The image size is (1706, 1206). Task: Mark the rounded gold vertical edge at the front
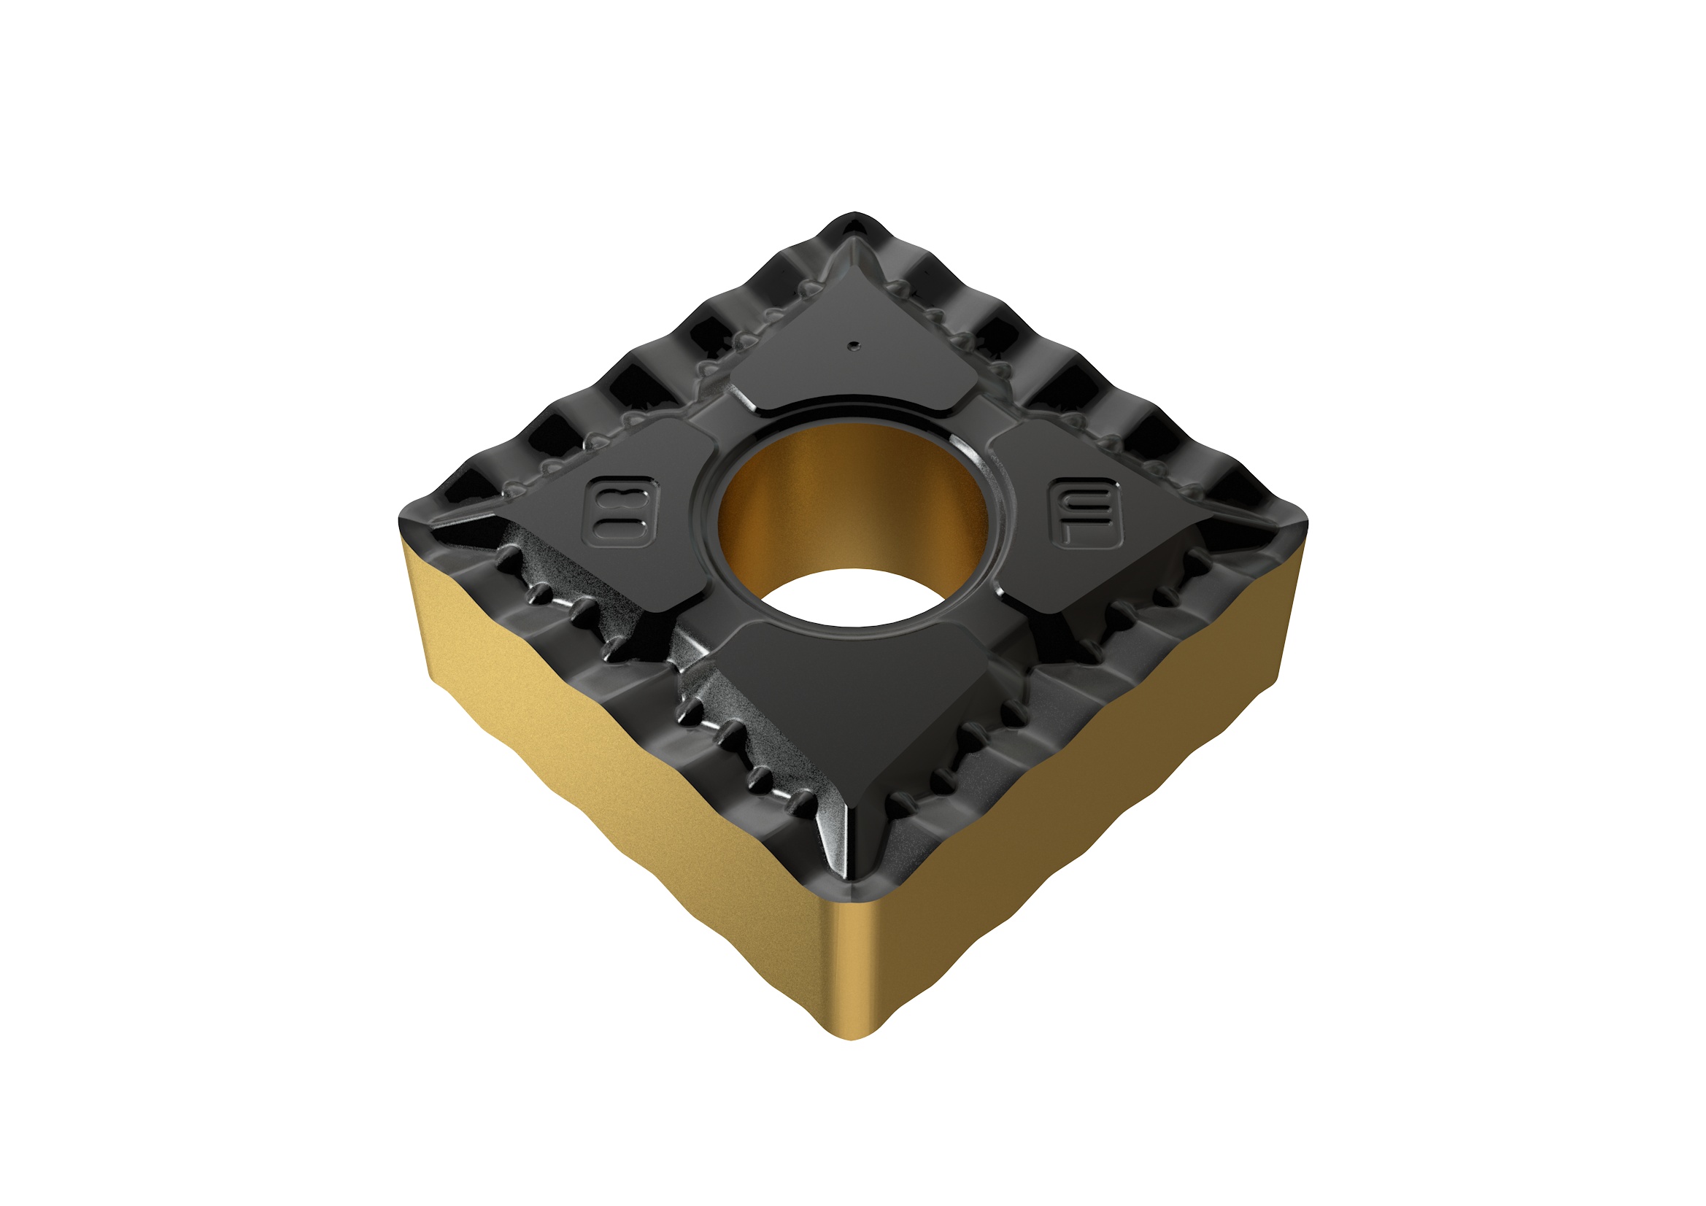854,966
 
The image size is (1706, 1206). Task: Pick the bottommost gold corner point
854,1037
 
